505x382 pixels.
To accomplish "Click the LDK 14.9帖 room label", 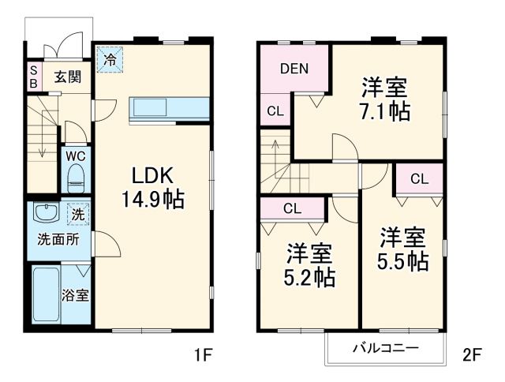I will (x=152, y=187).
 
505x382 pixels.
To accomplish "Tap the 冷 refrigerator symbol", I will (x=110, y=58).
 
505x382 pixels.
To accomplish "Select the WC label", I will (x=77, y=154).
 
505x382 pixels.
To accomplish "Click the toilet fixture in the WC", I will (x=77, y=178).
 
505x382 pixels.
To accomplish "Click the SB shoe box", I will (x=34, y=77).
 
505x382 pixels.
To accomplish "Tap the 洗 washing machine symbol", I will (x=77, y=212).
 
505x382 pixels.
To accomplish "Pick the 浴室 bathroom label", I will (x=76, y=296).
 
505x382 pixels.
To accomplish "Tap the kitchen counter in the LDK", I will (x=170, y=107).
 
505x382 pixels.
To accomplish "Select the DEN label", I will (x=294, y=68).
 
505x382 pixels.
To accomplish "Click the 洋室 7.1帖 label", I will (x=386, y=99).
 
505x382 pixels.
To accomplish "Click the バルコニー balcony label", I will (x=385, y=347).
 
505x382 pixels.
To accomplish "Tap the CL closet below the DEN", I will (x=275, y=110).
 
